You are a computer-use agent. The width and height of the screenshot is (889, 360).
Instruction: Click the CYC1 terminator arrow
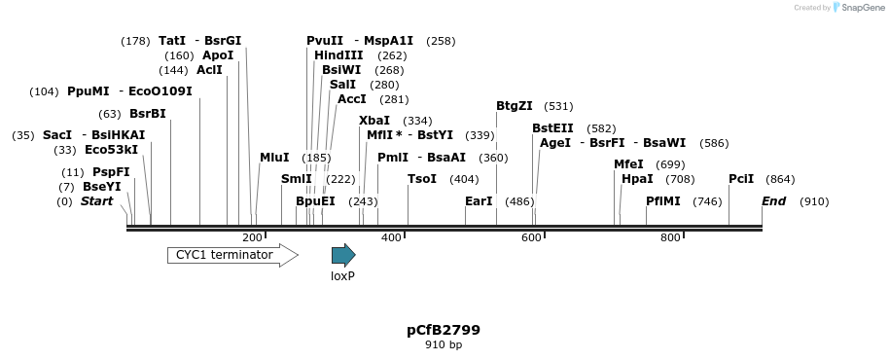[x=231, y=255]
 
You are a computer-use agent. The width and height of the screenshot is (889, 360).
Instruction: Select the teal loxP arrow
[x=343, y=255]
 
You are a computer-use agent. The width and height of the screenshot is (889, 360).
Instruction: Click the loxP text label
[x=342, y=275]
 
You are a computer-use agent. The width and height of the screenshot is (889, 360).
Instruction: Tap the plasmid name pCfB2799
[x=444, y=330]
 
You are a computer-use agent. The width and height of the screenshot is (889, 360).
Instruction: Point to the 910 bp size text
[x=444, y=345]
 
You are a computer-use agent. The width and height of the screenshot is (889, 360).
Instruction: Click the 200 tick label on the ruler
[x=252, y=237]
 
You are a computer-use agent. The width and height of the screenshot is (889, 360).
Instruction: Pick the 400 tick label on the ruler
[x=391, y=237]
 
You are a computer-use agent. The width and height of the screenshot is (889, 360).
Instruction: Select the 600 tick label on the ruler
[x=531, y=237]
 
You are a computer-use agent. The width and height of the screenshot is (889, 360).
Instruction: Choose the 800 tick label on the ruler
[x=670, y=237]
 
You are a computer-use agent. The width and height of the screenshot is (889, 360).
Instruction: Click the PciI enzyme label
[x=741, y=179]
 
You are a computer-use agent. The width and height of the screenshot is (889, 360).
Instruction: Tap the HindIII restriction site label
[x=338, y=55]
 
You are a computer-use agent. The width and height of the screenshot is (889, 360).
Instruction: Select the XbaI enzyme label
[x=374, y=120]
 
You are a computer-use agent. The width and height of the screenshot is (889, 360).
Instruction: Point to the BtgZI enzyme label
[x=515, y=106]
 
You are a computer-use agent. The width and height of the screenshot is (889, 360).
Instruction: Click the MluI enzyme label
[x=274, y=158]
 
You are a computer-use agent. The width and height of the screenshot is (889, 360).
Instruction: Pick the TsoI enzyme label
[x=422, y=179]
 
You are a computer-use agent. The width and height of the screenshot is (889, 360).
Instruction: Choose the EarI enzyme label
[x=479, y=201]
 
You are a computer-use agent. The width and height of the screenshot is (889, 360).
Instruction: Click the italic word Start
[x=96, y=201]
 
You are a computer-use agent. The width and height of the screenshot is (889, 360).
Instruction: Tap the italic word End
[x=774, y=201]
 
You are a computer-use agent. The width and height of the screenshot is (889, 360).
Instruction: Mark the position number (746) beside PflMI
[x=707, y=201]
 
